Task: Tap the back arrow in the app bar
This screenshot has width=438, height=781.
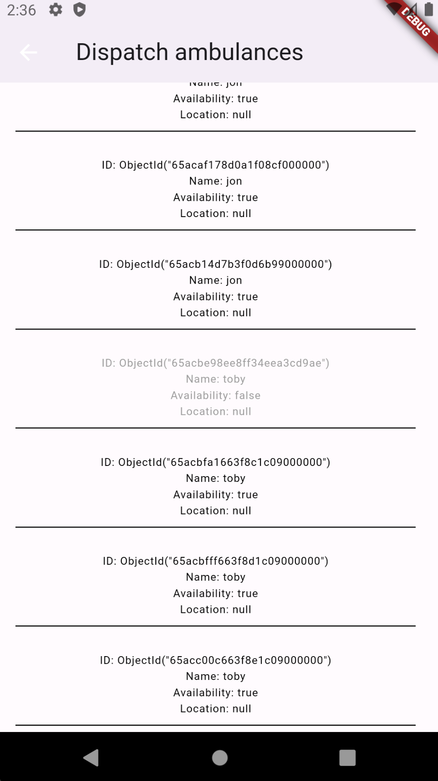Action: pyautogui.click(x=29, y=53)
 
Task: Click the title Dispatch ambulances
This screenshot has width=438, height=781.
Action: pyautogui.click(x=189, y=52)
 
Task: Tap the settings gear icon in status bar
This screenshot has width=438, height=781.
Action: pyautogui.click(x=56, y=10)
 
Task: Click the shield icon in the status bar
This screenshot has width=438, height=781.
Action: pyautogui.click(x=79, y=10)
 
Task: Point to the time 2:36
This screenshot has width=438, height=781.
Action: pyautogui.click(x=22, y=10)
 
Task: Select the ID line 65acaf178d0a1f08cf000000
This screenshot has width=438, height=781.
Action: pyautogui.click(x=215, y=165)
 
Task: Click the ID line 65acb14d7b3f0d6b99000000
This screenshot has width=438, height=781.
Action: pyautogui.click(x=215, y=264)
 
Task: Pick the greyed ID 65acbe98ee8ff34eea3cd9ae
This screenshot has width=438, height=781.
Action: pyautogui.click(x=215, y=363)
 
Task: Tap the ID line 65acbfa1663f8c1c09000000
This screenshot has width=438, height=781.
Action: pyautogui.click(x=215, y=462)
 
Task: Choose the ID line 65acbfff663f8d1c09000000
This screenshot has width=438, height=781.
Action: pyautogui.click(x=215, y=561)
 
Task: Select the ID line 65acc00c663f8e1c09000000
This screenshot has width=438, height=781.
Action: pyautogui.click(x=215, y=661)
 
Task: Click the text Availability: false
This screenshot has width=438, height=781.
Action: pyautogui.click(x=215, y=395)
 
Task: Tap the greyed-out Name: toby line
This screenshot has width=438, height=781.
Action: pyautogui.click(x=215, y=379)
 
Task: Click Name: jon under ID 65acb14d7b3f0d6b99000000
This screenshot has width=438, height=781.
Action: pyautogui.click(x=215, y=281)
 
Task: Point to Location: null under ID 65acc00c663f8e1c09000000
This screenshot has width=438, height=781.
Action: pyautogui.click(x=215, y=709)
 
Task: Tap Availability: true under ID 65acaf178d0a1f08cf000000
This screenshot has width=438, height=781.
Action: pyautogui.click(x=215, y=198)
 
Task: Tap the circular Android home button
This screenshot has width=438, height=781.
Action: pyautogui.click(x=220, y=758)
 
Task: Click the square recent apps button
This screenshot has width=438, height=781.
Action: pyautogui.click(x=347, y=758)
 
